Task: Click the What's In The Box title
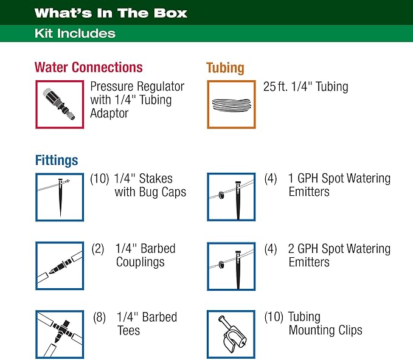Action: [111, 13]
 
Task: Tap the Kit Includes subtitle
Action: [75, 33]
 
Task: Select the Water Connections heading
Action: [89, 67]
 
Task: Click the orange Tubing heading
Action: [226, 67]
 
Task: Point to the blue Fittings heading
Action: [57, 161]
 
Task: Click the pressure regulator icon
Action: [60, 103]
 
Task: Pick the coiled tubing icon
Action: [231, 104]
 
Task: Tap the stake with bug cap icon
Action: [60, 197]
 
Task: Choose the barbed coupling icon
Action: [60, 266]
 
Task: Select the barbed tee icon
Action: [60, 334]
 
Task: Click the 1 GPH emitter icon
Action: [231, 197]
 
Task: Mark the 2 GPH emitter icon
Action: [231, 266]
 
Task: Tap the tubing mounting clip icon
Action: [231, 334]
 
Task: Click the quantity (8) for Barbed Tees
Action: [101, 317]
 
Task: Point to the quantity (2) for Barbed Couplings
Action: [98, 249]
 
